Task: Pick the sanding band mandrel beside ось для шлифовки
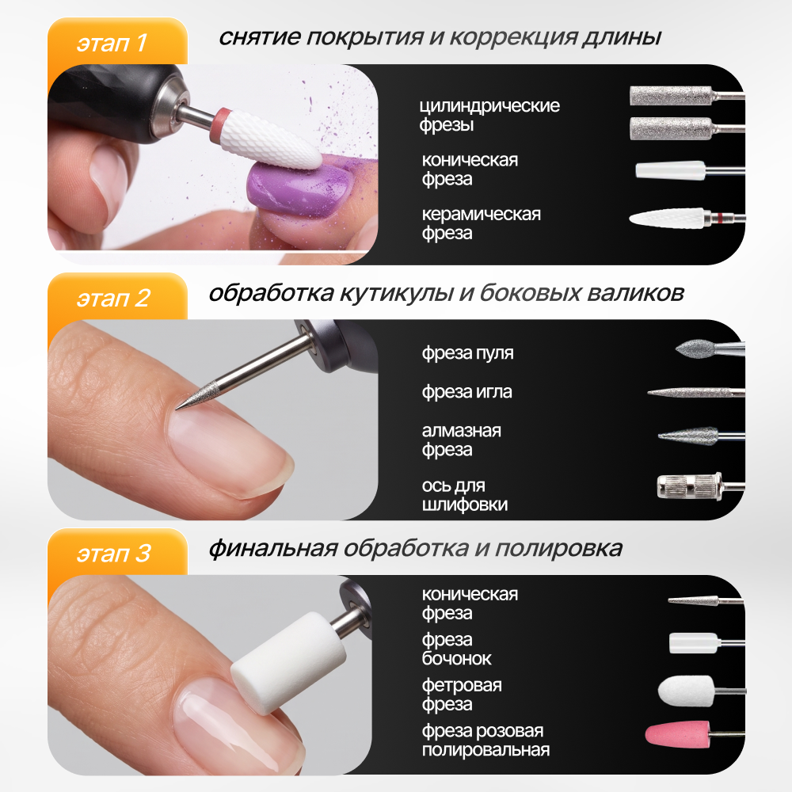pyautogui.click(x=700, y=487)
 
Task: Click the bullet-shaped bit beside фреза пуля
pyautogui.click(x=709, y=348)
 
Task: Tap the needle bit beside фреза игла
pyautogui.click(x=695, y=393)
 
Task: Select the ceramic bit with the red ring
pyautogui.click(x=687, y=219)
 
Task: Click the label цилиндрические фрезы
pyautogui.click(x=489, y=115)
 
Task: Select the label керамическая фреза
pyautogui.click(x=481, y=224)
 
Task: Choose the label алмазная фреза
pyautogui.click(x=461, y=440)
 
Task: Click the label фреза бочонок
pyautogui.click(x=457, y=649)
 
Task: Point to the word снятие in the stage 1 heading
pyautogui.click(x=260, y=37)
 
